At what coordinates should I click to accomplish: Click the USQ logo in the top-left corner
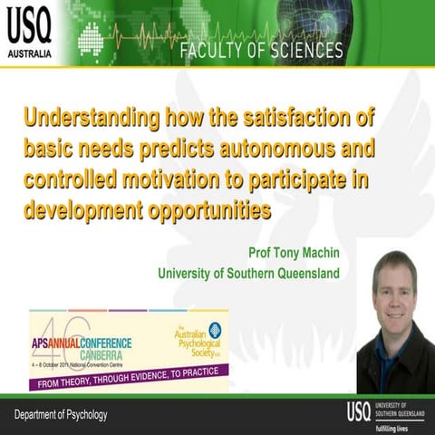[31, 26]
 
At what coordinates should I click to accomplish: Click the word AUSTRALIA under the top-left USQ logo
[31, 53]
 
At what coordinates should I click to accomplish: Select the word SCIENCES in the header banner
[309, 50]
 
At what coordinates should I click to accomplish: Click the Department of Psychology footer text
[60, 415]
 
